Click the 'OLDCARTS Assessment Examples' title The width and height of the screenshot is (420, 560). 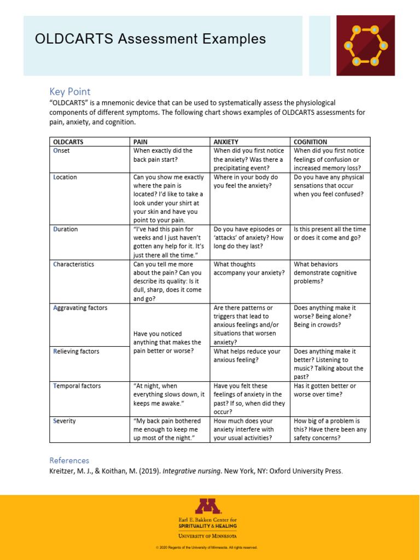coord(150,39)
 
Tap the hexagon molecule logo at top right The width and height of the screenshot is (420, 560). coord(366,45)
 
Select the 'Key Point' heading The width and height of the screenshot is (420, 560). coord(70,91)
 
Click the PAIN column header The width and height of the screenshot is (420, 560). coord(141,142)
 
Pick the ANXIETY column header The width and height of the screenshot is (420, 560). coord(226,142)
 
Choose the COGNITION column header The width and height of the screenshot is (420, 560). coord(311,142)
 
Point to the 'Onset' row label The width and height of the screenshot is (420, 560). coord(61,151)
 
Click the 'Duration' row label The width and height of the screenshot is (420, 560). coord(65,229)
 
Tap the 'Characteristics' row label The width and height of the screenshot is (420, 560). coord(73,264)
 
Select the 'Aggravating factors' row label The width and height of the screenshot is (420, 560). coord(80,308)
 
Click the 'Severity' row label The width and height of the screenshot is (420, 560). coord(65,421)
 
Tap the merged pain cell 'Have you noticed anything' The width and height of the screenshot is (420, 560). coord(167,342)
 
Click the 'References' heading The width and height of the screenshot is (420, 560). coord(69,460)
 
